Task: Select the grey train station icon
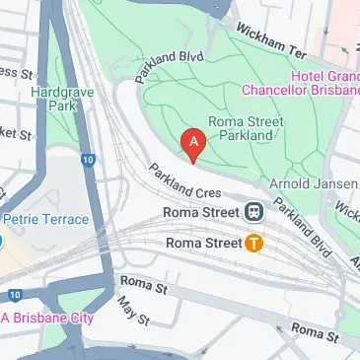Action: (x=254, y=211)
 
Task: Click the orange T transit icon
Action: (x=253, y=242)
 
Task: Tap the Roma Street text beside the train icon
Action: (x=203, y=212)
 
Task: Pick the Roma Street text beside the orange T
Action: (x=202, y=242)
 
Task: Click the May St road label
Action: (x=132, y=313)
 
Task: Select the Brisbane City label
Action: (x=51, y=318)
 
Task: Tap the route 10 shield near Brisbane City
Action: (x=14, y=295)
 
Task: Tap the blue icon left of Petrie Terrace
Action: (x=2, y=240)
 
